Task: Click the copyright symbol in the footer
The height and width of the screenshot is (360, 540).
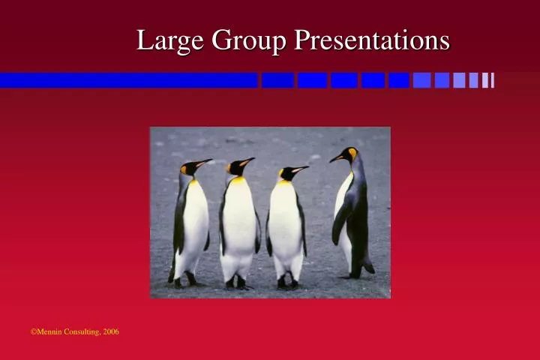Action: coord(33,331)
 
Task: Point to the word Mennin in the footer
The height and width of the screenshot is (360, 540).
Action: coord(49,331)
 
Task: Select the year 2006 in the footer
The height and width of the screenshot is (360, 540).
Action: coord(111,331)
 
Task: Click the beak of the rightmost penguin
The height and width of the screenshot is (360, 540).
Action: coord(334,158)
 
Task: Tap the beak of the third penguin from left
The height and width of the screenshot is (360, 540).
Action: coord(299,169)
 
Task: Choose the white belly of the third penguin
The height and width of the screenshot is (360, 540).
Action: coord(285,225)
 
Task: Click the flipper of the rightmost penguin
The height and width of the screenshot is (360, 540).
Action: coord(341,221)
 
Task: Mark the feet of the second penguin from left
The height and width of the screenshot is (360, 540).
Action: coord(236,283)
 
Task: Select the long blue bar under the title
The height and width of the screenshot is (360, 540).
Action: coord(127,80)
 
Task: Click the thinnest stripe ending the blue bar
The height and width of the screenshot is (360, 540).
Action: coord(492,80)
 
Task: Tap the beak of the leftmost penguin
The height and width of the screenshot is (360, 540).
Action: coord(204,161)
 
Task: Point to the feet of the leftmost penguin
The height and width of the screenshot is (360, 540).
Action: coord(184,282)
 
